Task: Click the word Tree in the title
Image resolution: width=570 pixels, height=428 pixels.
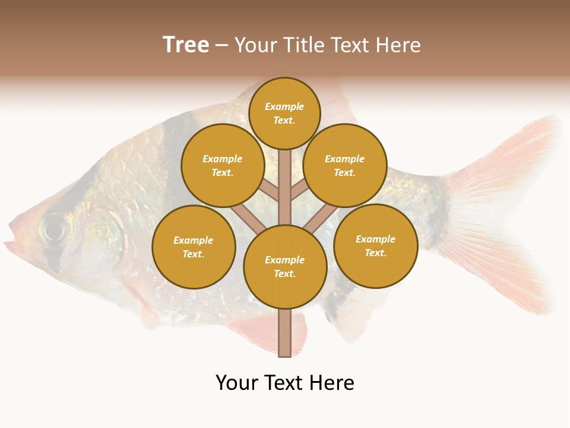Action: [x=186, y=45]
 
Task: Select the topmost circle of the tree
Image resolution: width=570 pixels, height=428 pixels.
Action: [x=284, y=113]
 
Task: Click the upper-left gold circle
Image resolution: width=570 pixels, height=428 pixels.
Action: [x=223, y=165]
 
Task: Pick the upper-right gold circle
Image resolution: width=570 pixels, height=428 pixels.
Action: [x=345, y=165]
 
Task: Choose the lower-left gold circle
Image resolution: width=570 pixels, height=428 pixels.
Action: [x=194, y=247]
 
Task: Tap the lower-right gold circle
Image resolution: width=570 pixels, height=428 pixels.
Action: [x=376, y=246]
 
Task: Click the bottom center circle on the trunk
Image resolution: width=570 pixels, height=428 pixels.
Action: [x=285, y=266]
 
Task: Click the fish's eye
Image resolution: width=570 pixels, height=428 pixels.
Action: [x=54, y=228]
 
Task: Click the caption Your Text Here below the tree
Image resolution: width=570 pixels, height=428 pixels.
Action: [x=285, y=383]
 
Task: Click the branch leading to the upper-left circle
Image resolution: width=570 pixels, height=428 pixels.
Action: [x=270, y=191]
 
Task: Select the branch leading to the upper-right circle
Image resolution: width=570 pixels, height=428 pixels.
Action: [x=300, y=191]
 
